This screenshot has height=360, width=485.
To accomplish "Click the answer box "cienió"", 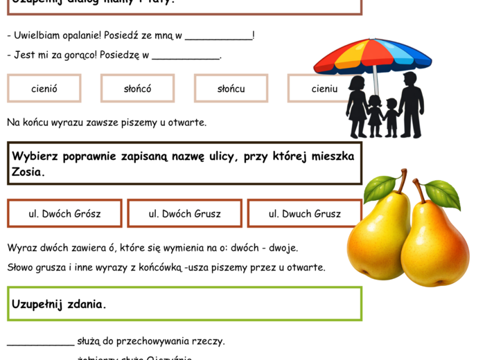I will [44, 89].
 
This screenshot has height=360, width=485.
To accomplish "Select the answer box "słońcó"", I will [137, 89].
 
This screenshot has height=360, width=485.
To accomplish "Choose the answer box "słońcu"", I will [231, 89].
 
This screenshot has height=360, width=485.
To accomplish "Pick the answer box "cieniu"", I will [324, 89].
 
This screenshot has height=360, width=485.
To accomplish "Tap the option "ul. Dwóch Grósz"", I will [64, 214].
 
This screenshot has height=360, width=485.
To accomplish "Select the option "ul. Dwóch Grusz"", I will [184, 214].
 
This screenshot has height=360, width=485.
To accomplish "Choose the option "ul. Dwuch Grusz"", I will [304, 214].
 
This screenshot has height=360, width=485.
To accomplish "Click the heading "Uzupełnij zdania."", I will [59, 304].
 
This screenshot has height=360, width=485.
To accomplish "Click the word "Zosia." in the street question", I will [28, 172].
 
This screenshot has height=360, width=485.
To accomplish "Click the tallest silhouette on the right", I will [410, 104].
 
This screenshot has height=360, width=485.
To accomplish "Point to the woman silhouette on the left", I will [358, 107].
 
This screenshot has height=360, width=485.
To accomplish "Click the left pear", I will [379, 239].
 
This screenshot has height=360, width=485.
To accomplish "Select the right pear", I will [434, 242].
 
